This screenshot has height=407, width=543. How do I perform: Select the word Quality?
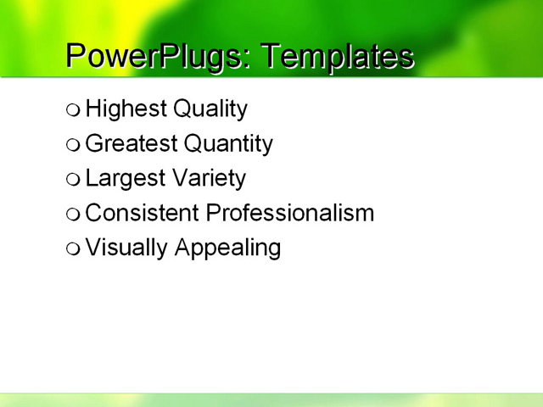click(x=210, y=109)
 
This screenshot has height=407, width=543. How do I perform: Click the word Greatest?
click(x=132, y=144)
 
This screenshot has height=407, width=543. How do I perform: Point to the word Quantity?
click(x=228, y=144)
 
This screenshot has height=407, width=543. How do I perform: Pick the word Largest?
click(x=125, y=179)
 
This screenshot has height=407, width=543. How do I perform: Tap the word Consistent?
click(x=143, y=213)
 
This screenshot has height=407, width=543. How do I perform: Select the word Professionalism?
click(x=290, y=213)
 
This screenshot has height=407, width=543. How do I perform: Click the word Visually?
click(x=126, y=248)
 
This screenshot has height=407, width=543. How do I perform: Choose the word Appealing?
click(x=227, y=248)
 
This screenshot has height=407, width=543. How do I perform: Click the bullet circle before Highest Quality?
click(x=74, y=109)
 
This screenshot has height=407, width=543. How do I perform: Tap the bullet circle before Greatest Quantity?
click(x=74, y=144)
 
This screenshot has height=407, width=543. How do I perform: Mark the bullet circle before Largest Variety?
click(x=74, y=179)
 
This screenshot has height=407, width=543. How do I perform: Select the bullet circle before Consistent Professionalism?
click(x=74, y=214)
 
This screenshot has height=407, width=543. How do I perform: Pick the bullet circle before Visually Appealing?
click(x=74, y=248)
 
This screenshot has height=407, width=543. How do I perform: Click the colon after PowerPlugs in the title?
click(x=247, y=59)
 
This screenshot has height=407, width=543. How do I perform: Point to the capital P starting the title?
click(x=76, y=56)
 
